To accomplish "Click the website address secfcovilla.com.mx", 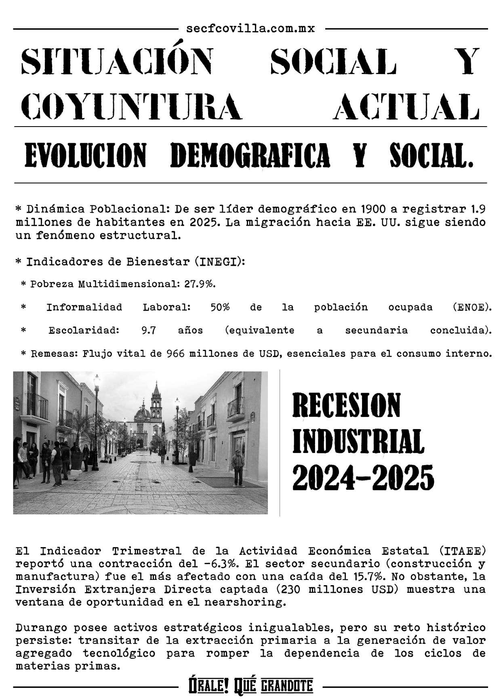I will pyautogui.click(x=250, y=29).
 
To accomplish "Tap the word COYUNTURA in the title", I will pyautogui.click(x=131, y=106).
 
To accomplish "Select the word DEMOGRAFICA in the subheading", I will pyautogui.click(x=250, y=156).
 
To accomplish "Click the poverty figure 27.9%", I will pyautogui.click(x=200, y=283).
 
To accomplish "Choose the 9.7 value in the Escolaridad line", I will pyautogui.click(x=149, y=330).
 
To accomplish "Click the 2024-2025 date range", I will pyautogui.click(x=363, y=477).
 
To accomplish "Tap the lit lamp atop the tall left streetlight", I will pyautogui.click(x=97, y=380).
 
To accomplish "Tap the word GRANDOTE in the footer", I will pyautogui.click(x=287, y=686).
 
